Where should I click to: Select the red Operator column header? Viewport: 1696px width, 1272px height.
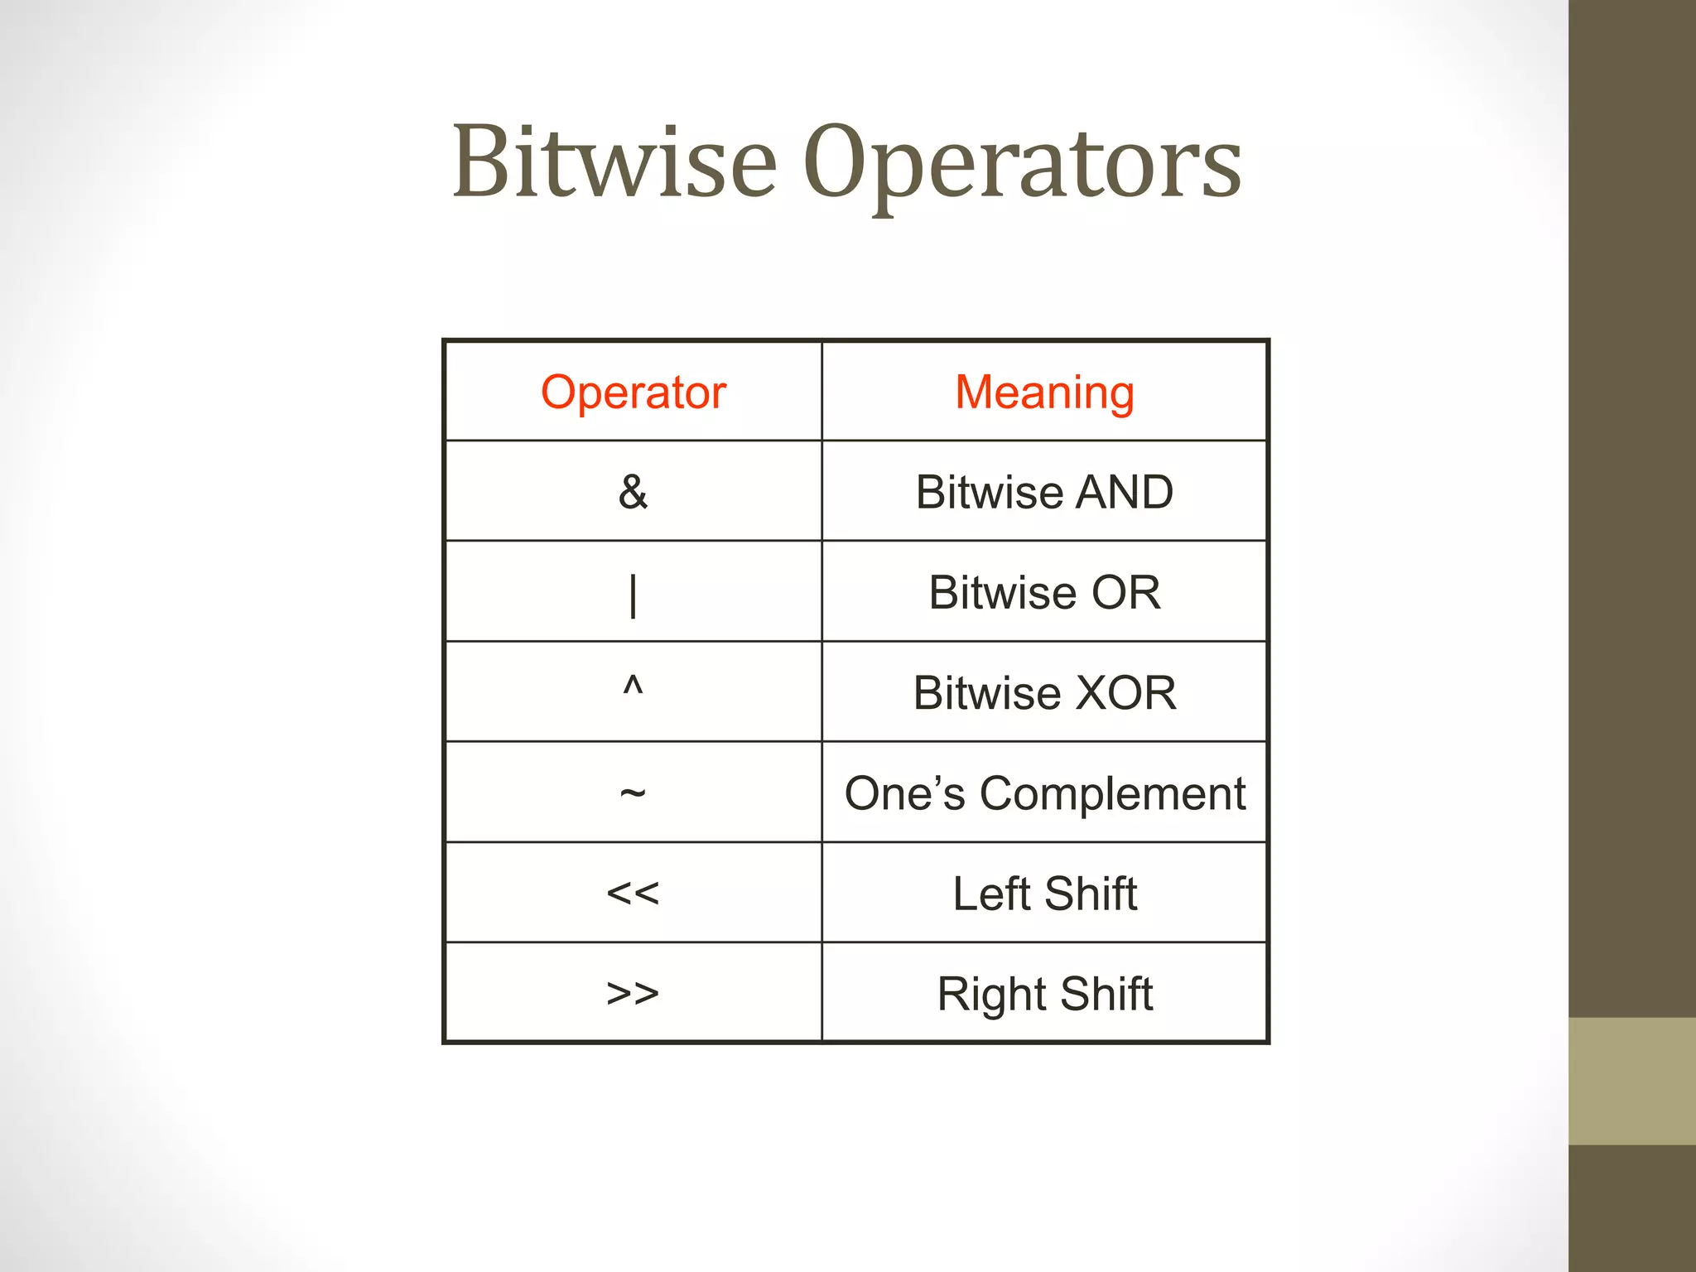[634, 392]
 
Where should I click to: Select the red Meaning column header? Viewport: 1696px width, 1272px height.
[1044, 392]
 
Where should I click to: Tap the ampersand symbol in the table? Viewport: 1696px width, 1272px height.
[634, 492]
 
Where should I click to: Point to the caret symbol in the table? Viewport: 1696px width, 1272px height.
[633, 686]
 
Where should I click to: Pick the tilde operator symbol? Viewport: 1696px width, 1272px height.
[633, 793]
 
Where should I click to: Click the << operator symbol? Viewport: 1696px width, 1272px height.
[633, 894]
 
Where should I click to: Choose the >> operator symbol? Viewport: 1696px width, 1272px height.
[633, 993]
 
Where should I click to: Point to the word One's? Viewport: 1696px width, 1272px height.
[904, 793]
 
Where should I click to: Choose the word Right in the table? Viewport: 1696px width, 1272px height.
[991, 994]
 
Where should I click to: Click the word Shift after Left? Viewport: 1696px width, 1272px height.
[1091, 894]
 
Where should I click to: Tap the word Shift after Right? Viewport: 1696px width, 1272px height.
[1106, 994]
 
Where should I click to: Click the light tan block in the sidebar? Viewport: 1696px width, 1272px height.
[1631, 1081]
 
